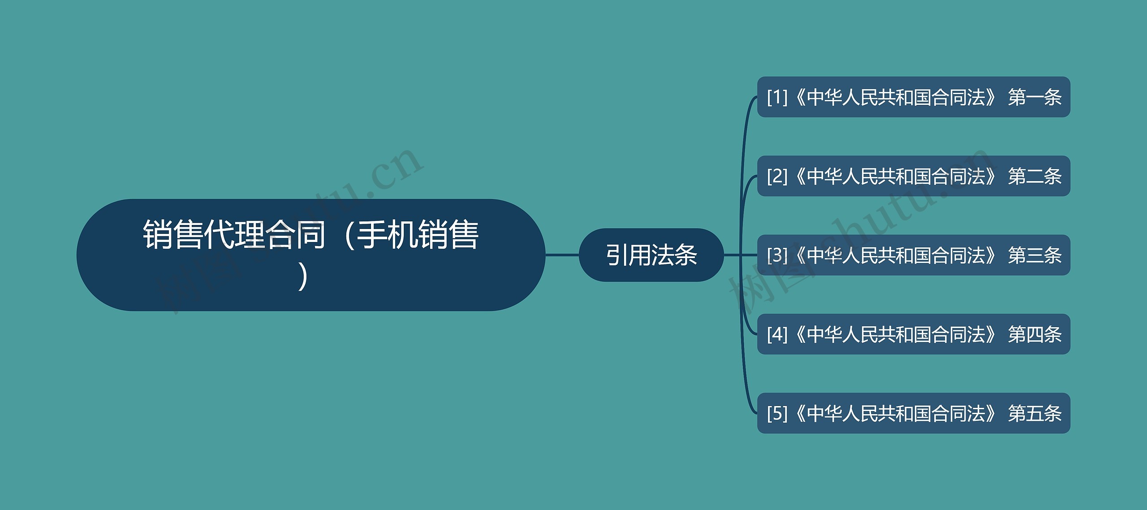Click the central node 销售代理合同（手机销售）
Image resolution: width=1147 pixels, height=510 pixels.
click(x=311, y=255)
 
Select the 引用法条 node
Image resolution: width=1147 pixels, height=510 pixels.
click(x=651, y=255)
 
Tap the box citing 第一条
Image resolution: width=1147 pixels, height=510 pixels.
click(x=914, y=97)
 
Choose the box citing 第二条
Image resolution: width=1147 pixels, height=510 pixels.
click(x=914, y=176)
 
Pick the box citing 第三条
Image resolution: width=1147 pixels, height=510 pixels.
click(x=914, y=255)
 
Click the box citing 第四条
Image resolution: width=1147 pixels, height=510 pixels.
click(x=914, y=334)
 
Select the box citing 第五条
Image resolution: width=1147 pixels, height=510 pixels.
click(x=914, y=413)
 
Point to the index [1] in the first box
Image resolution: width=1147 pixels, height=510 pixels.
click(x=777, y=97)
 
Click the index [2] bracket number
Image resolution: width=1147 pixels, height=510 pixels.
click(x=777, y=176)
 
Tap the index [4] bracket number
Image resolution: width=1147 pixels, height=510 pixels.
click(x=777, y=334)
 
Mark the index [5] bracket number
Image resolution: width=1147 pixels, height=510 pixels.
click(x=777, y=413)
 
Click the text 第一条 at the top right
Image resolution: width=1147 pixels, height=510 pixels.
click(x=1035, y=97)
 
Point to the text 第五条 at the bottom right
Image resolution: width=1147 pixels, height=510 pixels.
click(x=1035, y=413)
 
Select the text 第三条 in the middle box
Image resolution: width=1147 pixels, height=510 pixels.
click(x=1035, y=255)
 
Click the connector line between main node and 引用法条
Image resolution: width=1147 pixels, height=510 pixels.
click(x=562, y=255)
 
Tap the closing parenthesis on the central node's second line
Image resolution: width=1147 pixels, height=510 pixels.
click(x=304, y=277)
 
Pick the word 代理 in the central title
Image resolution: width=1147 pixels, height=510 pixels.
click(x=234, y=234)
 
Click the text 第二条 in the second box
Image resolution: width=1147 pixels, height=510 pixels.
click(x=1035, y=176)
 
